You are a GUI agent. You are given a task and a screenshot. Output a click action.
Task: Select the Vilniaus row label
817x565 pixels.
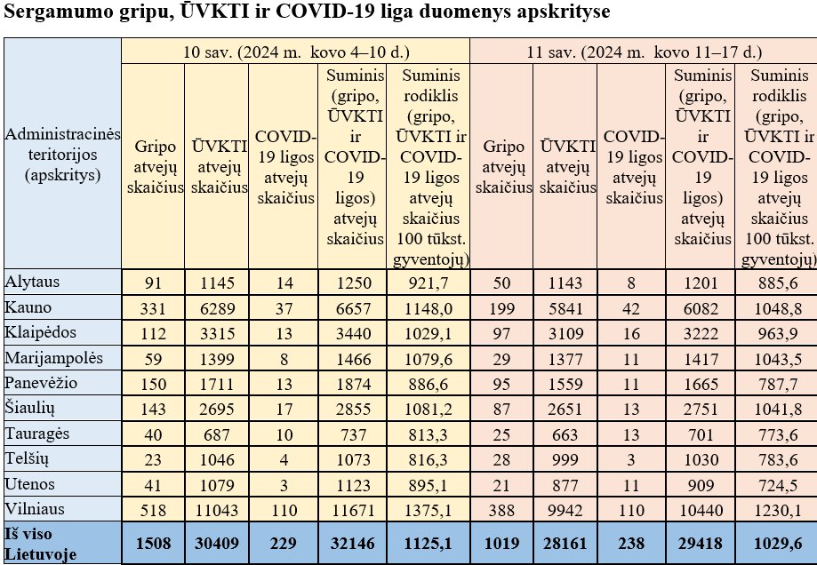(37, 510)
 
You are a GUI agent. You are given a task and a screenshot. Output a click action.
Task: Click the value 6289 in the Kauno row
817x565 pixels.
(217, 307)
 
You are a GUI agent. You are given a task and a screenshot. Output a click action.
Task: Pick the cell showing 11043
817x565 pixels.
(217, 511)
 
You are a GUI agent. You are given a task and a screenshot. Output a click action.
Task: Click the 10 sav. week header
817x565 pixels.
(294, 52)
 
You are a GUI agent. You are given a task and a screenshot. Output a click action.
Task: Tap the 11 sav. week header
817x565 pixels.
(643, 52)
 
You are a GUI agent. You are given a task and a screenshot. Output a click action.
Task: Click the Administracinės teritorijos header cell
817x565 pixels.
(62, 154)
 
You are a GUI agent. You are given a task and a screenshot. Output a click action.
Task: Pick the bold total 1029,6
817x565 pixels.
(776, 542)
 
